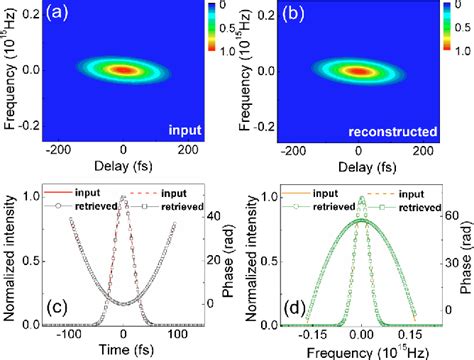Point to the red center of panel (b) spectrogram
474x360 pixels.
355,72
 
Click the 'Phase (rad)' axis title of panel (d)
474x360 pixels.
465,263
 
